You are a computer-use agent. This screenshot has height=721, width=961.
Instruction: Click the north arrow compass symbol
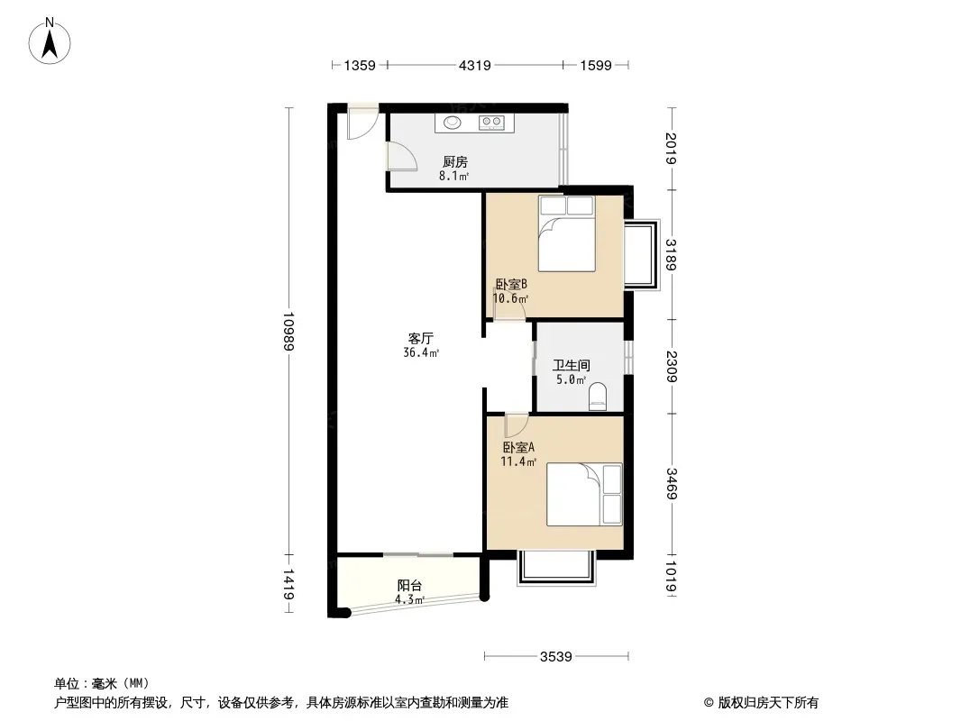click(x=52, y=41)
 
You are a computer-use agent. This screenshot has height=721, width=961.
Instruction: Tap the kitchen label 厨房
click(x=454, y=162)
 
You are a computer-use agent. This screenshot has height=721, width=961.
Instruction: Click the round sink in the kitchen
click(x=451, y=123)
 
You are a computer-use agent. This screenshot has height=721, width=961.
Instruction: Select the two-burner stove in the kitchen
click(x=490, y=123)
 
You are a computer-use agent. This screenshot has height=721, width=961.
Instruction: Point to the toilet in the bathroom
click(x=598, y=396)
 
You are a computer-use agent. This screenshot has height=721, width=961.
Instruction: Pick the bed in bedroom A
click(x=584, y=494)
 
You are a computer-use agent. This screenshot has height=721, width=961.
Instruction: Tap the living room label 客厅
click(x=421, y=339)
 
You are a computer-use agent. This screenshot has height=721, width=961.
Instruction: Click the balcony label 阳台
click(x=409, y=585)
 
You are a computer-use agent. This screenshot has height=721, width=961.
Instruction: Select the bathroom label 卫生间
click(x=572, y=366)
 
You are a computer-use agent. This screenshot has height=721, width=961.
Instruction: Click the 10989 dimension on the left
click(x=288, y=331)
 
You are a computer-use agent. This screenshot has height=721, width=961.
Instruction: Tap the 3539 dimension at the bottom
click(x=557, y=656)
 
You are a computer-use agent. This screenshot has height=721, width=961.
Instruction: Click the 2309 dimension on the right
click(x=671, y=366)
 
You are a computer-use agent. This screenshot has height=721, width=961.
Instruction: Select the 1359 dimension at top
click(x=360, y=65)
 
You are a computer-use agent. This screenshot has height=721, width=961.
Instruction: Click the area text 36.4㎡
click(x=421, y=353)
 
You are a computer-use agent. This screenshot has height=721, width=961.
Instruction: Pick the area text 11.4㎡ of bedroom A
click(x=518, y=461)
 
